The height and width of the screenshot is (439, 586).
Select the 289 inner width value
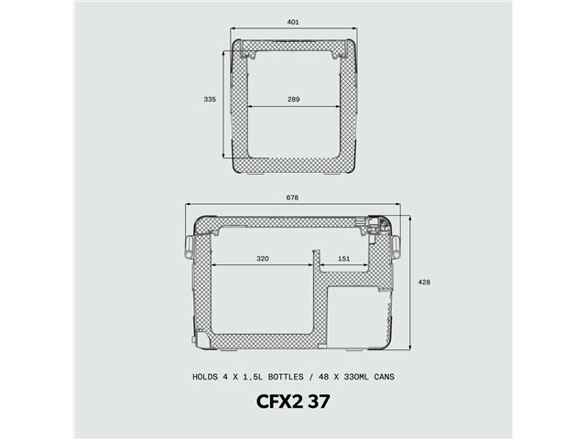tap(292, 99)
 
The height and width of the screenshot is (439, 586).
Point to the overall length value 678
tap(292, 198)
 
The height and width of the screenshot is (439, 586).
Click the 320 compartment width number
tap(262, 259)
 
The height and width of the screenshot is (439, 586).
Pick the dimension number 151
tap(343, 259)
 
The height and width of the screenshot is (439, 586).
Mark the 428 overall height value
tap(423, 283)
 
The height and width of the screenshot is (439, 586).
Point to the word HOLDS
tap(204, 377)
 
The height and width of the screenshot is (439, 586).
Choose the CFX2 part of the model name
tap(272, 402)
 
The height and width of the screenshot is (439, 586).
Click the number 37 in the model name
tap(318, 402)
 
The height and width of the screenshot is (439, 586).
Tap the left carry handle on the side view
tap(190, 245)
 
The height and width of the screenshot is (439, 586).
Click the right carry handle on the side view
tap(397, 244)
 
